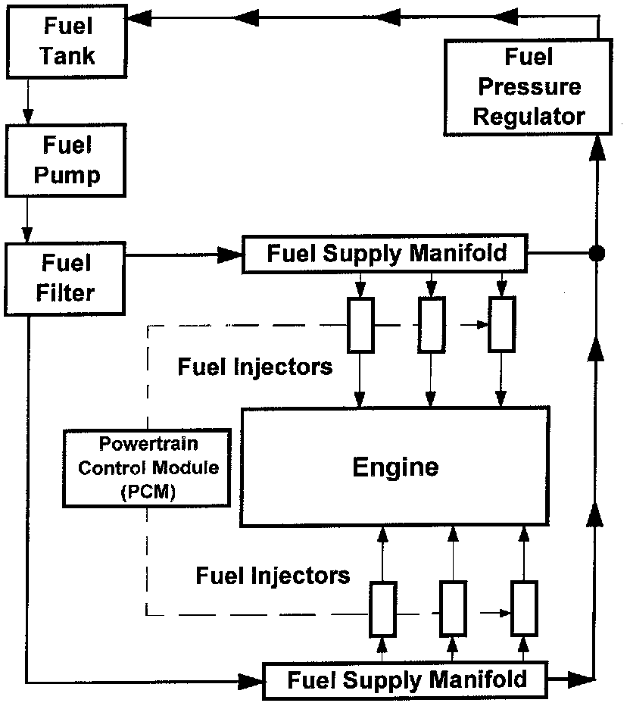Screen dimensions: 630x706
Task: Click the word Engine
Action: coord(395,467)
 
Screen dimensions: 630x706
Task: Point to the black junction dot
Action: coord(597,254)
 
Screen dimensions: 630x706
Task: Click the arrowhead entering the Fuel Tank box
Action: coord(139,18)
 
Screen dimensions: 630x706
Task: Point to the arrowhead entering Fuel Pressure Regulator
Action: coord(597,148)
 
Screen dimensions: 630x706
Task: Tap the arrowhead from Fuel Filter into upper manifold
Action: coord(230,255)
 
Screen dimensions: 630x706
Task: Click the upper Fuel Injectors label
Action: coord(255,367)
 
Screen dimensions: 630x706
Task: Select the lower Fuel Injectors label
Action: coord(273,576)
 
